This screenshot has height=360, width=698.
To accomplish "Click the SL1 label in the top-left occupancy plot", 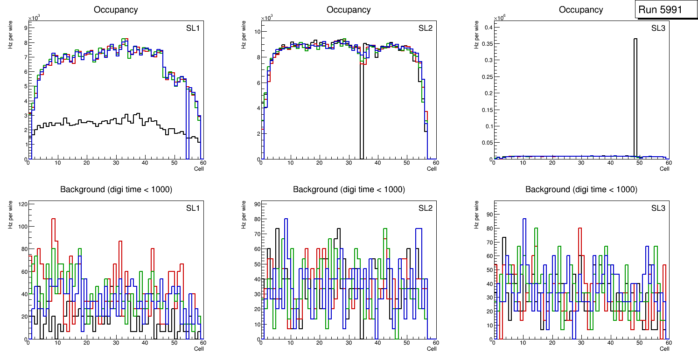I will pyautogui.click(x=193, y=28).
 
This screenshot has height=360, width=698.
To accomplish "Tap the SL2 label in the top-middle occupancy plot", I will pyautogui.click(x=425, y=28).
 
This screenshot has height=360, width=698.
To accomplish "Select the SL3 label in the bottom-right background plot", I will pyautogui.click(x=658, y=208).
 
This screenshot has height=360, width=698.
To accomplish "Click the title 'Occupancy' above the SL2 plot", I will pyautogui.click(x=349, y=10).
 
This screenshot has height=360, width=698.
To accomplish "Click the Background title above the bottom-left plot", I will pyautogui.click(x=116, y=189).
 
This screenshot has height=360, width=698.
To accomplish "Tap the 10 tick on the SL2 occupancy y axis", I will pyautogui.click(x=256, y=32).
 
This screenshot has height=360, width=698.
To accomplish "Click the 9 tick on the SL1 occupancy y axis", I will pyautogui.click(x=25, y=28).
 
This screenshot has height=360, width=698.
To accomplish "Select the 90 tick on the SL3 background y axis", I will pyautogui.click(x=488, y=215).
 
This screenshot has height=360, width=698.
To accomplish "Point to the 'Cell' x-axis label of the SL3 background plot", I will pyautogui.click(x=664, y=348).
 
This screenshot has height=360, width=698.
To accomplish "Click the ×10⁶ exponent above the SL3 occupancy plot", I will pyautogui.click(x=500, y=18).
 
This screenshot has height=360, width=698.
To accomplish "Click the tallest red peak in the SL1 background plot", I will pyautogui.click(x=54, y=219).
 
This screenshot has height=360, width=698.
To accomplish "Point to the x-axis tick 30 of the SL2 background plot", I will pyautogui.click(x=348, y=343).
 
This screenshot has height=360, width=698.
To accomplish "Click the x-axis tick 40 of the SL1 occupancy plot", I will pyautogui.click(x=145, y=163).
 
